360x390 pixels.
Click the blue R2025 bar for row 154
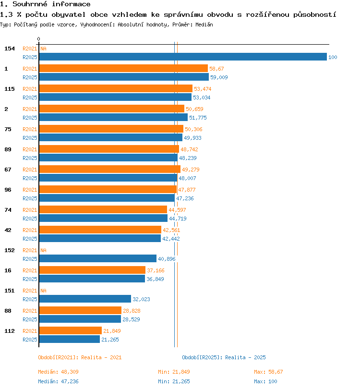tap(183, 57)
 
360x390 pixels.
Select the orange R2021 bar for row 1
tap(123, 68)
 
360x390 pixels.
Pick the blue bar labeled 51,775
tap(113, 117)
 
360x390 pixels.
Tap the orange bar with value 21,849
tap(71, 330)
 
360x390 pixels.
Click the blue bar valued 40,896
tap(98, 258)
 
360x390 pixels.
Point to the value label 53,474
tap(203, 89)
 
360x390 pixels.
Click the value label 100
tap(333, 57)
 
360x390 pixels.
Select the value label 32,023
tap(141, 299)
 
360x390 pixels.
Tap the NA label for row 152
tap(43, 250)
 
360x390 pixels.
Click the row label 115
tap(10, 89)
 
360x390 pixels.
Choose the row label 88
tap(8, 311)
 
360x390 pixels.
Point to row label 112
tap(10, 331)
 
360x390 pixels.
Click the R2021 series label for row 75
tap(30, 129)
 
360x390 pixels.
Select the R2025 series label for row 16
tap(30, 279)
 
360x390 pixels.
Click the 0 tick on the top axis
tap(38, 39)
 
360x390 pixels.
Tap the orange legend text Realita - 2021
tap(101, 357)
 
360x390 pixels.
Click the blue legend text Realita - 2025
tap(245, 357)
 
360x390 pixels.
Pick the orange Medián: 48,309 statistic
tap(58, 372)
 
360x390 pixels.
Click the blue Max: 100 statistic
tap(265, 381)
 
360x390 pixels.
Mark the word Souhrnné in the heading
tap(30, 4)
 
